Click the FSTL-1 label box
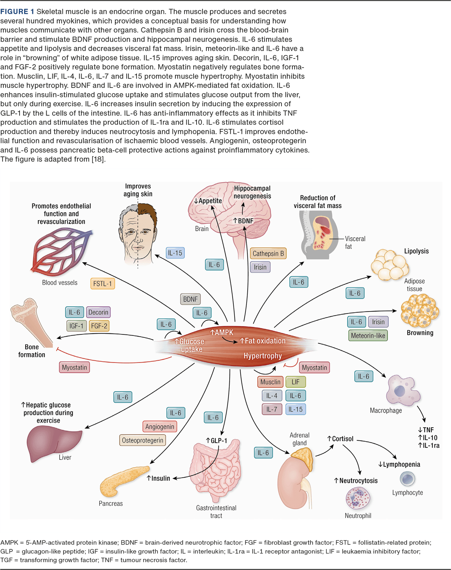[103, 284]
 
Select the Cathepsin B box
[268, 254]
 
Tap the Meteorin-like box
[368, 336]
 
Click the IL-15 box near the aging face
[175, 253]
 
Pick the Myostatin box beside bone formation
[74, 367]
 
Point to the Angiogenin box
[160, 426]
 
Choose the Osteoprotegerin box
[142, 440]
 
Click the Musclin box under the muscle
[270, 382]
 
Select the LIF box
[296, 382]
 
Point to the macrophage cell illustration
[402, 391]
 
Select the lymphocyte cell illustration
[407, 479]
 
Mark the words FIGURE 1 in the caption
[17, 12]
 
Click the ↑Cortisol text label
[340, 439]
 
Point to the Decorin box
[98, 312]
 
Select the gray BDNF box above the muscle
[190, 299]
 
